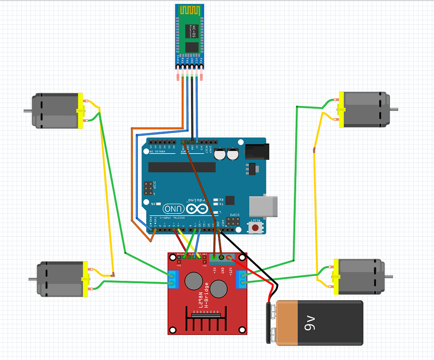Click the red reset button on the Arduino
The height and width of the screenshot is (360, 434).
(x=256, y=227)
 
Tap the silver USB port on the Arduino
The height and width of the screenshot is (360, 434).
(x=264, y=207)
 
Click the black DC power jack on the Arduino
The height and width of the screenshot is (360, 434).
(x=255, y=151)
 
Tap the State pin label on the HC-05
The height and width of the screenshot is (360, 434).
(x=179, y=60)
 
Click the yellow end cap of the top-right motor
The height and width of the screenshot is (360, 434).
(x=341, y=109)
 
